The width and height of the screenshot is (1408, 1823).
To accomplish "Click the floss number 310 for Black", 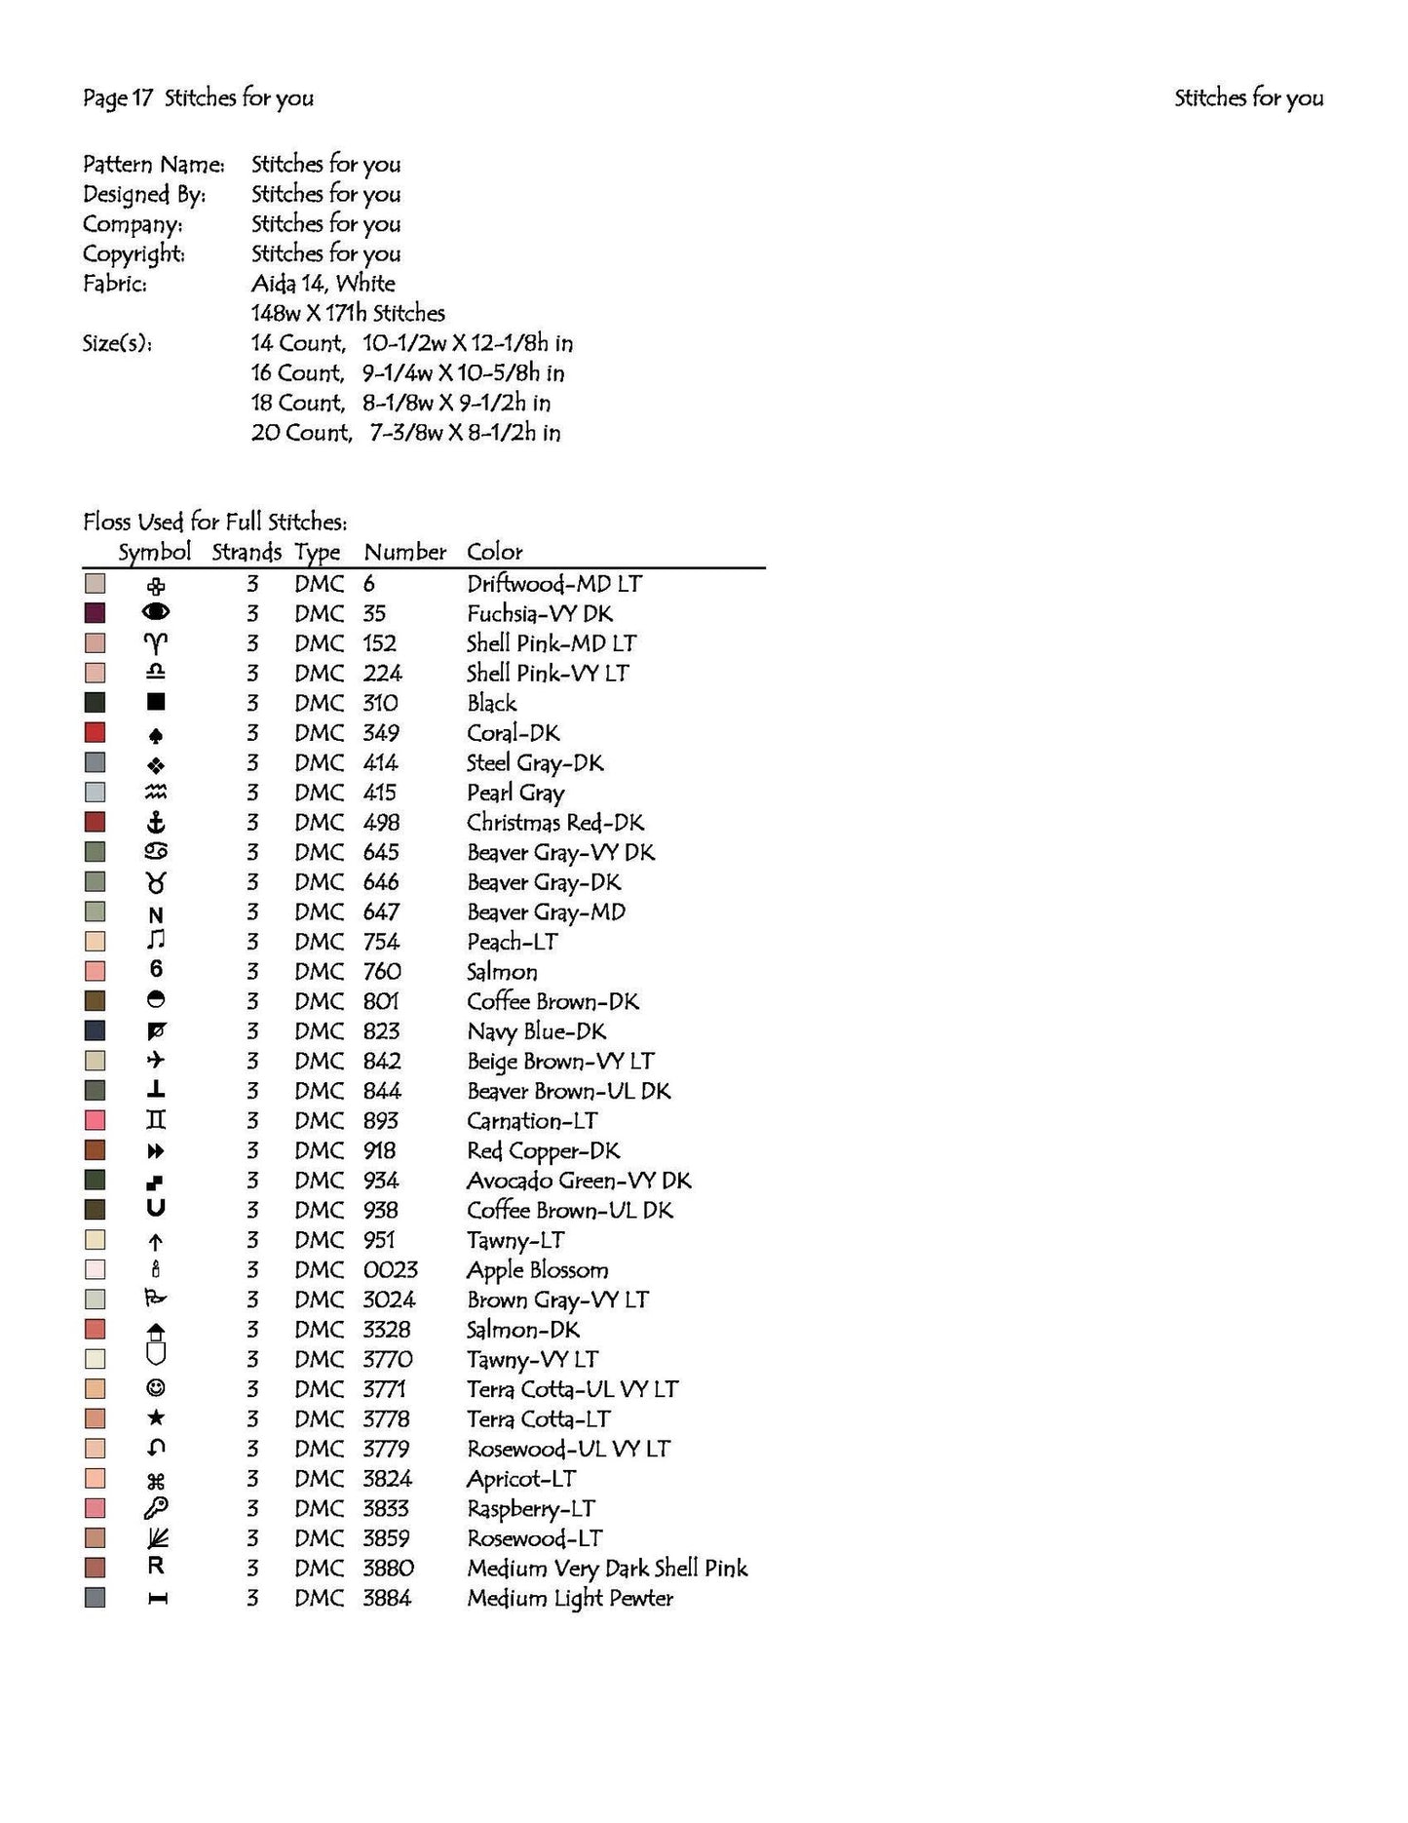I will pyautogui.click(x=380, y=704).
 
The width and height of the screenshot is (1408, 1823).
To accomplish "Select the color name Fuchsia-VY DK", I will pyautogui.click(x=539, y=614).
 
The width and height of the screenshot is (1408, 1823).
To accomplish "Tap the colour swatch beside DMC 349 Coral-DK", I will pyautogui.click(x=95, y=733).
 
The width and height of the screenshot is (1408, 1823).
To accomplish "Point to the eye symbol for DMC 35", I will pyautogui.click(x=156, y=612).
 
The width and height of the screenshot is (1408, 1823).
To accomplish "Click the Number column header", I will pyautogui.click(x=404, y=552).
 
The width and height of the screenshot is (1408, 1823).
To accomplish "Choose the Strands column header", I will pyautogui.click(x=246, y=552).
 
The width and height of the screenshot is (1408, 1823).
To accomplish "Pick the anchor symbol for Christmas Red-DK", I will pyautogui.click(x=156, y=823).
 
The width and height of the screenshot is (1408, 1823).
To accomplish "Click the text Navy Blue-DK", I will pyautogui.click(x=536, y=1031).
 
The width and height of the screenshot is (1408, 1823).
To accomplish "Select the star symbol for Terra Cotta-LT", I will pyautogui.click(x=156, y=1418).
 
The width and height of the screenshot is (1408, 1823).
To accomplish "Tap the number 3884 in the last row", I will pyautogui.click(x=387, y=1598).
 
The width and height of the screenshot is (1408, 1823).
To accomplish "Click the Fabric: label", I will pyautogui.click(x=115, y=285).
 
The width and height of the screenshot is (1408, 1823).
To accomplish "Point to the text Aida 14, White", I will pyautogui.click(x=323, y=284).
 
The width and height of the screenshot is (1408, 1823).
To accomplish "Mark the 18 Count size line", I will pyautogui.click(x=400, y=404).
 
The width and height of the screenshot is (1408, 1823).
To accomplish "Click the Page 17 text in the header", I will pyautogui.click(x=118, y=97).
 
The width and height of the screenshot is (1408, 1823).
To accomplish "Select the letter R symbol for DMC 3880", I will pyautogui.click(x=156, y=1567).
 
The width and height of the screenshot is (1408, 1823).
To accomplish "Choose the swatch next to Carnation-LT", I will pyautogui.click(x=95, y=1120).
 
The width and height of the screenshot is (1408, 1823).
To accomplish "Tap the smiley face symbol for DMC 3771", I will pyautogui.click(x=156, y=1388).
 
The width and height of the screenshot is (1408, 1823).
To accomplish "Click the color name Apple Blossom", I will pyautogui.click(x=537, y=1270).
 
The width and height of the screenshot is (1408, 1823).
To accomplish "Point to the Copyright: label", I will pyautogui.click(x=133, y=254).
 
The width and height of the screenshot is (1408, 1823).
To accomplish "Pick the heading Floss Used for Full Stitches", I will pyautogui.click(x=214, y=523).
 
